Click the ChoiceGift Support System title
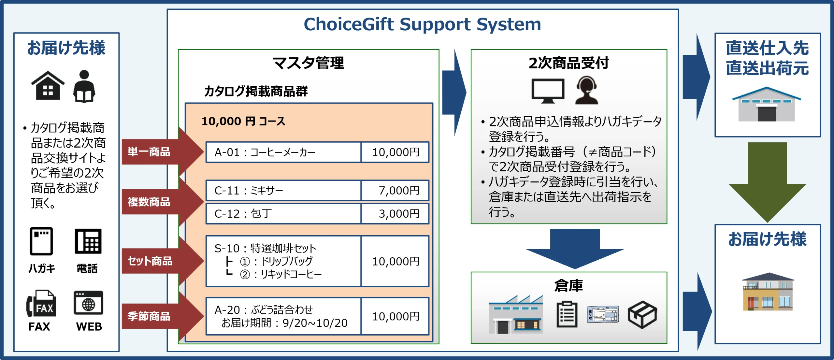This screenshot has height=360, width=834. click(x=422, y=24)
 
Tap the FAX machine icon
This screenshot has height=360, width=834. click(x=41, y=303)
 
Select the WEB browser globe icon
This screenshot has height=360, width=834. click(x=88, y=303)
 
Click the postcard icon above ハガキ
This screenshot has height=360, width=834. click(x=41, y=241)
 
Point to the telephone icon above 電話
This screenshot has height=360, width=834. click(x=88, y=241)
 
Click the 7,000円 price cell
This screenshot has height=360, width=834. click(x=395, y=190)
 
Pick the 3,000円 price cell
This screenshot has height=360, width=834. click(x=395, y=214)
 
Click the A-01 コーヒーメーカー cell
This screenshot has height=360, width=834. click(x=283, y=152)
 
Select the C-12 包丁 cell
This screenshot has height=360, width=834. click(x=283, y=214)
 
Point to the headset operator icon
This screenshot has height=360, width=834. click(x=586, y=90)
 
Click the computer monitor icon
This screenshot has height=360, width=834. click(x=548, y=91)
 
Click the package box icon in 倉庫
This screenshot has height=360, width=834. click(x=642, y=314)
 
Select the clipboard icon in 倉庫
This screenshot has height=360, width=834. click(x=567, y=314)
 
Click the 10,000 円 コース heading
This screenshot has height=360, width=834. click(x=243, y=121)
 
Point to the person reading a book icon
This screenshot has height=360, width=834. click(x=84, y=86)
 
